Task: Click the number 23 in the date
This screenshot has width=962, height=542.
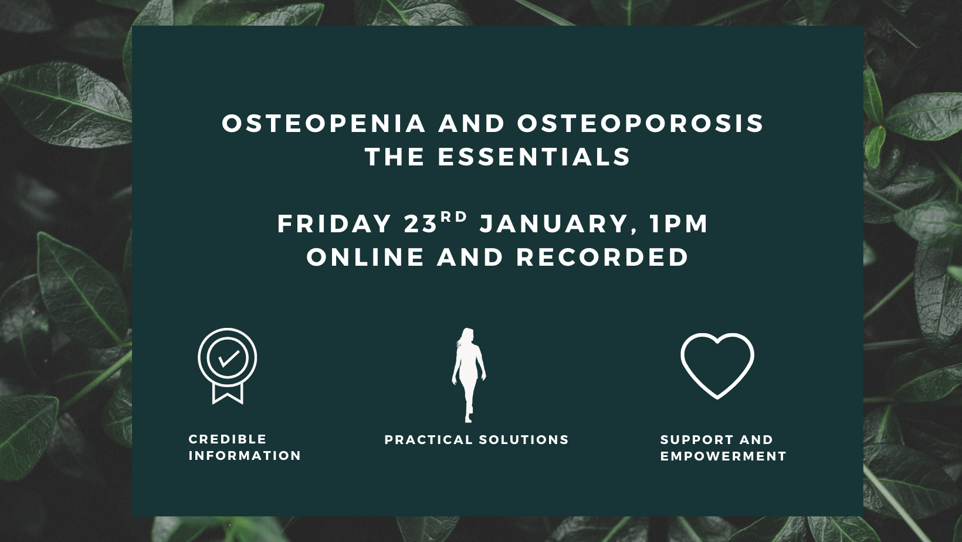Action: pyautogui.click(x=421, y=224)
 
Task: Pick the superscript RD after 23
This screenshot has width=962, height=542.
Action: pyautogui.click(x=454, y=216)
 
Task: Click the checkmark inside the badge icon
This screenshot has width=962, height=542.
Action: pyautogui.click(x=228, y=358)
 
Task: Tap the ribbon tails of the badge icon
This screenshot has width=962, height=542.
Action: pyautogui.click(x=228, y=392)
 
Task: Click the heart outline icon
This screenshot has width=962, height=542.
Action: pyautogui.click(x=717, y=365)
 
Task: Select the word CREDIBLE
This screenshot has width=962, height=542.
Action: pyautogui.click(x=228, y=439)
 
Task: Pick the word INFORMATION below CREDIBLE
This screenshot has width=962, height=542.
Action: pyautogui.click(x=245, y=456)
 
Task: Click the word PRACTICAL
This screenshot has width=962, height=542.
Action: pyautogui.click(x=428, y=440)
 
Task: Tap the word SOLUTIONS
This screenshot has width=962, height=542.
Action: pyautogui.click(x=524, y=440)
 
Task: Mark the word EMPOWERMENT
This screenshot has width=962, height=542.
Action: pyautogui.click(x=723, y=456)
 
